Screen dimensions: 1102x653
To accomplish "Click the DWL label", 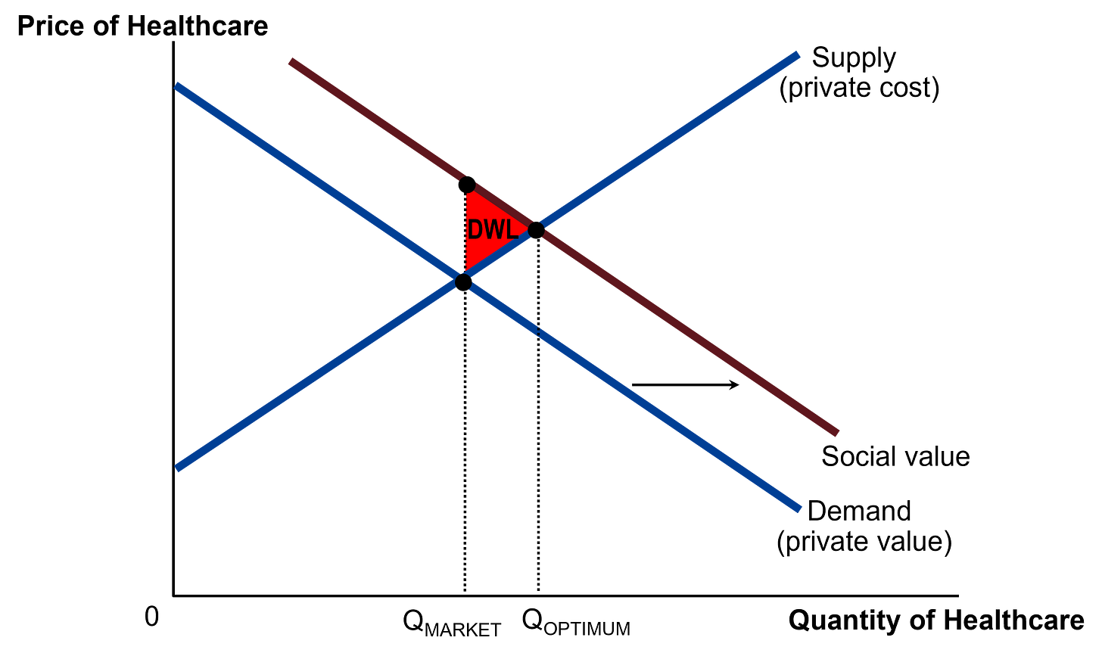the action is [x=493, y=230].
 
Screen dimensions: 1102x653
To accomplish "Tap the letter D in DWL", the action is [x=476, y=230].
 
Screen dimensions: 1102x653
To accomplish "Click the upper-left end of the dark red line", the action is [x=291, y=61].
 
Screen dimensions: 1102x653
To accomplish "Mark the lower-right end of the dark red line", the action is [x=836, y=433].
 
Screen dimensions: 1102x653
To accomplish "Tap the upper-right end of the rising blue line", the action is [x=797, y=54].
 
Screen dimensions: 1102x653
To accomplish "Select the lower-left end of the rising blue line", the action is [x=179, y=468].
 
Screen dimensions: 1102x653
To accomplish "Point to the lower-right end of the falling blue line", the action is [x=798, y=509].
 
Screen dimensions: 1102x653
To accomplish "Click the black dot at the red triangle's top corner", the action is [x=467, y=184].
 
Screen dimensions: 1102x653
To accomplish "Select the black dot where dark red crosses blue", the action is [x=536, y=229].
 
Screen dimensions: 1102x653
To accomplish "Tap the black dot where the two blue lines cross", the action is [x=463, y=283].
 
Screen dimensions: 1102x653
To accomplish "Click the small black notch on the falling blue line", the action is [x=537, y=331].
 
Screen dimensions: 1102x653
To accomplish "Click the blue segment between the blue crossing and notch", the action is [x=500, y=307].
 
